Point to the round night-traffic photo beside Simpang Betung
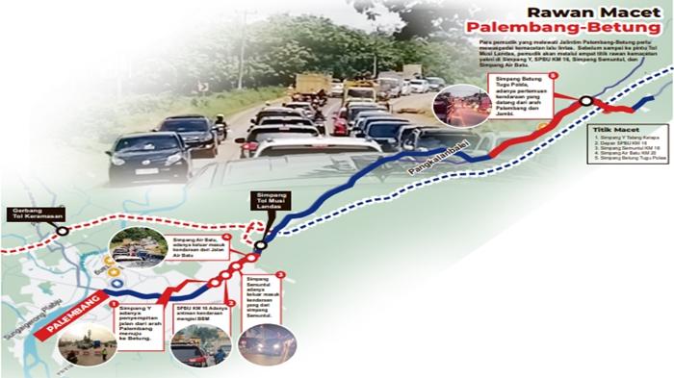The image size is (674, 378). [x=463, y=109]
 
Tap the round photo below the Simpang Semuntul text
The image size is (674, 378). [x=263, y=346]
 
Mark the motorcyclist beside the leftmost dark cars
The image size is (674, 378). [x=220, y=126]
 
